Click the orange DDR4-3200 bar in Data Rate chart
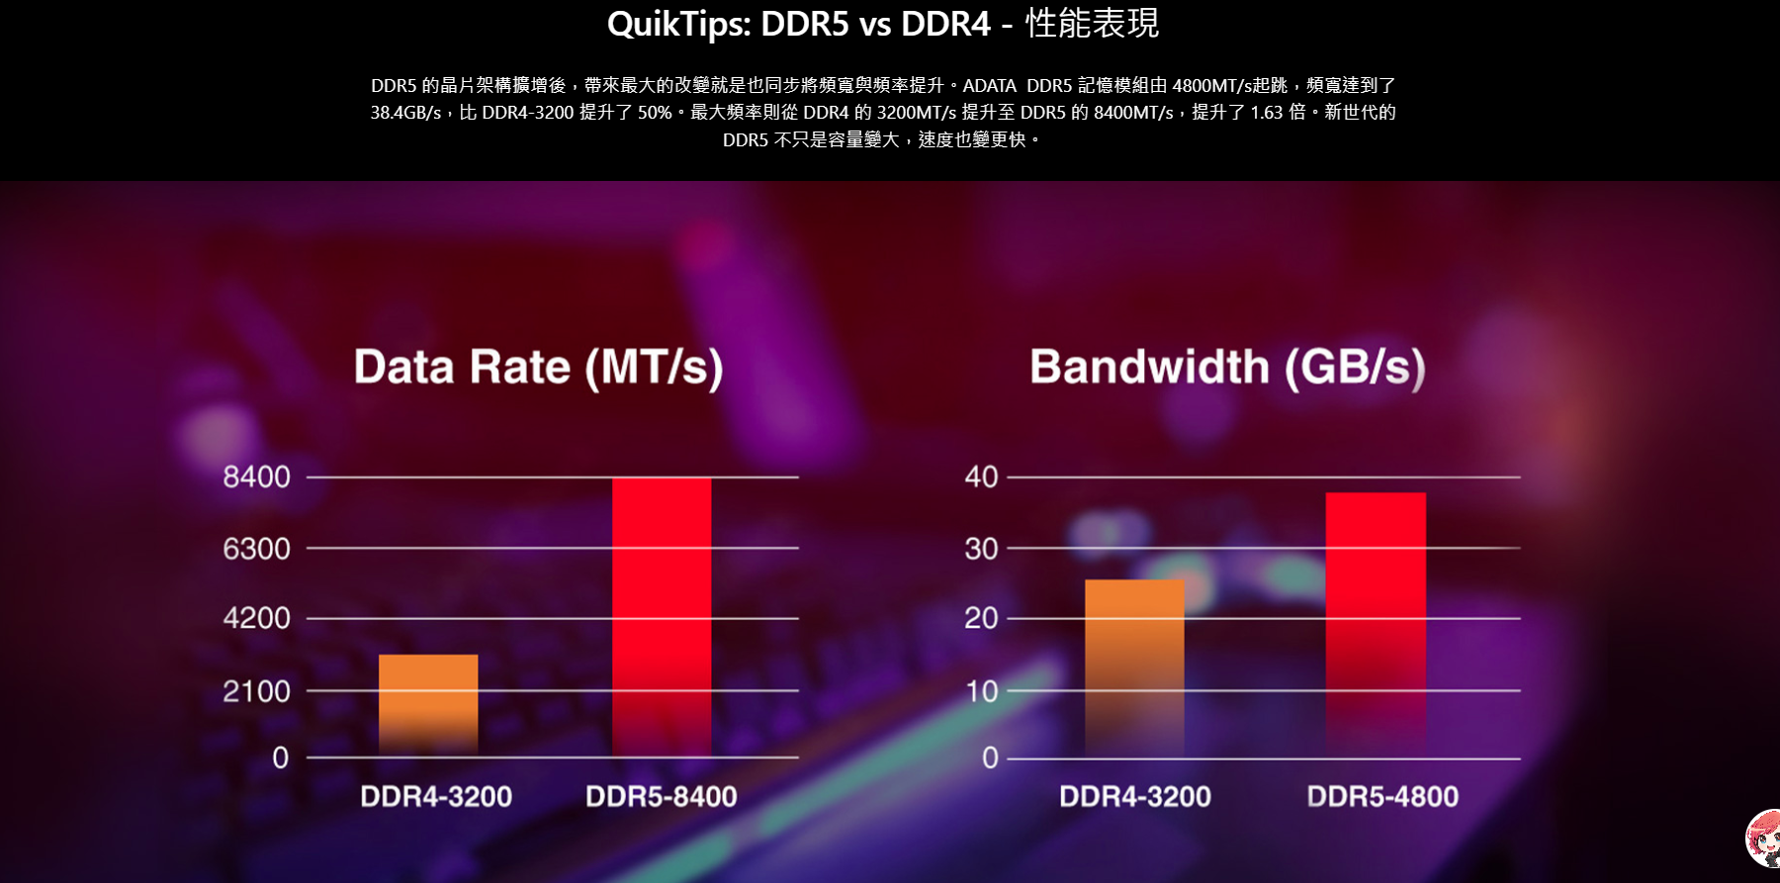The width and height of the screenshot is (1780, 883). point(428,704)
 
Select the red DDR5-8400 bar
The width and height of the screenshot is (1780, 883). point(662,616)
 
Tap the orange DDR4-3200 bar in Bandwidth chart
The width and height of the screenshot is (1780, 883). point(1134,667)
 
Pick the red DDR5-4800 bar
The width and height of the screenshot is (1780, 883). point(1376,623)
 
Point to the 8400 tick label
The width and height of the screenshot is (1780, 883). point(256,477)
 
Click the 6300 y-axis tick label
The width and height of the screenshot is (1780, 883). point(256,548)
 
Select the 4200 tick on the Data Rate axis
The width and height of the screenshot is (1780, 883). point(256,618)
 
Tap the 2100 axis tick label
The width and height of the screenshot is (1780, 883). point(256,690)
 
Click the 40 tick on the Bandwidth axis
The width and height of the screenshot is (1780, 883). point(981,477)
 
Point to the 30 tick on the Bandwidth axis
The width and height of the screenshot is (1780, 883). point(981,548)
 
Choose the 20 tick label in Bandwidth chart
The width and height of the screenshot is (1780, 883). point(981,618)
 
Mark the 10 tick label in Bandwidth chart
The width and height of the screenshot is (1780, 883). point(981,690)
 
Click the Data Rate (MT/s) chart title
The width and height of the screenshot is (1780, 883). point(539,367)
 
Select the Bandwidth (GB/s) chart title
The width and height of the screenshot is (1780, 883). point(1227,367)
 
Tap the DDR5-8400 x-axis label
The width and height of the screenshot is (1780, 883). point(662,796)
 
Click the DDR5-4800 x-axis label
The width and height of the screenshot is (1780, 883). point(1382,796)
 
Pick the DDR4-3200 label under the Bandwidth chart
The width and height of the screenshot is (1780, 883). point(1135,796)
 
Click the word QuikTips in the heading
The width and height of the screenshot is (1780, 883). point(678,24)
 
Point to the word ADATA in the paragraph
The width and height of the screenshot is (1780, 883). point(989,86)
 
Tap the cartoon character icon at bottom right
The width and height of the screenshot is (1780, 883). point(1764,839)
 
